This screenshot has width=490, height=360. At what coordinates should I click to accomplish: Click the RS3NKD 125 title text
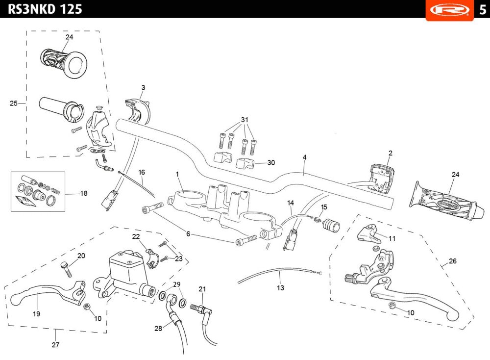[x=45, y=9]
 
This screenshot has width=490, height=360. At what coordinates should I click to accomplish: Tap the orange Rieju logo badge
[x=450, y=10]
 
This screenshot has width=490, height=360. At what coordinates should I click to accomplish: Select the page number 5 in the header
[x=483, y=10]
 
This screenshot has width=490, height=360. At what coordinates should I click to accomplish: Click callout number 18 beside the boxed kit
[x=84, y=193]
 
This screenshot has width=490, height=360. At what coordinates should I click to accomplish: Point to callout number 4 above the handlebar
[x=304, y=157]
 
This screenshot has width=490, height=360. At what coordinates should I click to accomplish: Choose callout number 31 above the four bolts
[x=245, y=120]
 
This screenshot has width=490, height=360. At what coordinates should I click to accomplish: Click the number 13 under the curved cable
[x=280, y=288]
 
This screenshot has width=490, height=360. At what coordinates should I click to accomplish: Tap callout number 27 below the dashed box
[x=55, y=345]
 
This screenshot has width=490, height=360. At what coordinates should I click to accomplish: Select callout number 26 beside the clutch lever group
[x=452, y=261]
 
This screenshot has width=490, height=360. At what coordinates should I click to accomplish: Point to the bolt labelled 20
[x=66, y=269]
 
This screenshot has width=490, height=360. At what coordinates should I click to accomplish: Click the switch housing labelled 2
[x=381, y=178]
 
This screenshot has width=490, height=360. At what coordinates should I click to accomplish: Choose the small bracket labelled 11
[x=369, y=234]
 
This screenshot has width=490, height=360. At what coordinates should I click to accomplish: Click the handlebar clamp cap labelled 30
[x=245, y=164]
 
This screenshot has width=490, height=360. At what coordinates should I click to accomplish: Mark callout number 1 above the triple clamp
[x=177, y=174]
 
